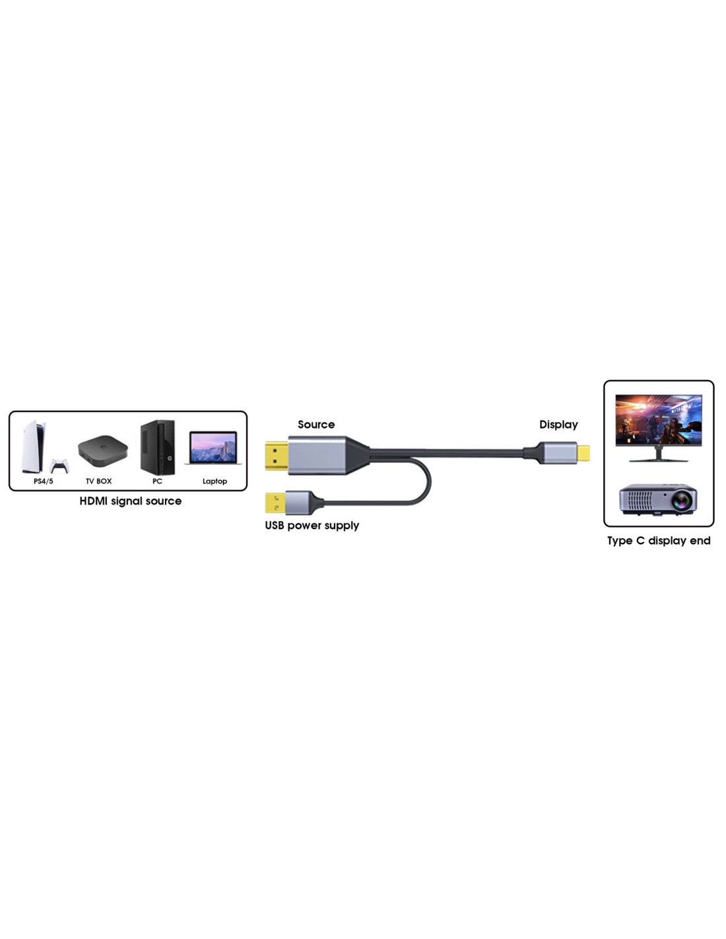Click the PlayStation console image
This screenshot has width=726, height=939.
(x=33, y=446)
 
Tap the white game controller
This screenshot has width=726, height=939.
(x=59, y=466)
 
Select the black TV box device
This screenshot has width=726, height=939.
(x=102, y=451)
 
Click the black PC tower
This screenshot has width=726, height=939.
(x=158, y=447)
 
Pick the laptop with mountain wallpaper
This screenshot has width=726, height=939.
(x=213, y=448)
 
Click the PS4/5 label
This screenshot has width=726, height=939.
(x=43, y=481)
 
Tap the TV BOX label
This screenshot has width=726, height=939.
(x=99, y=481)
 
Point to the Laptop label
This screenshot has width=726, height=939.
(x=214, y=481)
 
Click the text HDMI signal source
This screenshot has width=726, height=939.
(x=131, y=501)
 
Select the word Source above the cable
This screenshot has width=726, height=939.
(x=316, y=425)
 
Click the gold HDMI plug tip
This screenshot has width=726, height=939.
(x=277, y=456)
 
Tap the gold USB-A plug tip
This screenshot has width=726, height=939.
(x=275, y=503)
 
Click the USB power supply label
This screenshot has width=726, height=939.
(x=312, y=526)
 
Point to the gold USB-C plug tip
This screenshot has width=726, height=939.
(x=583, y=453)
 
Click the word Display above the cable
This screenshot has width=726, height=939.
(x=558, y=425)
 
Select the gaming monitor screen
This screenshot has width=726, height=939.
(x=658, y=420)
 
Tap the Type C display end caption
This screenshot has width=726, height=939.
(x=659, y=541)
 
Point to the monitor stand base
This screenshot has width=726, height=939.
(x=658, y=460)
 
